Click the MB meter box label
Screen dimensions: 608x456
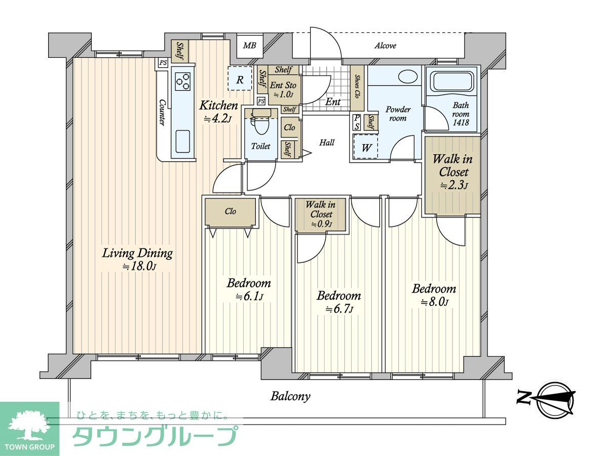(x=249, y=46)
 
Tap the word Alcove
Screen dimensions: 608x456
(x=385, y=46)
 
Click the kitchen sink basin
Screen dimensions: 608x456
(x=183, y=141)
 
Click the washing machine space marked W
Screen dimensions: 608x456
(x=366, y=146)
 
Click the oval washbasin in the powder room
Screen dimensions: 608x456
(x=408, y=77)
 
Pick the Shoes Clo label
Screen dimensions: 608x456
(x=357, y=86)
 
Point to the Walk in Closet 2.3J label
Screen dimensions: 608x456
(x=453, y=172)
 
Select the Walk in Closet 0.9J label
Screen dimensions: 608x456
(x=321, y=214)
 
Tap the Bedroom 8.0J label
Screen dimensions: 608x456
(x=434, y=295)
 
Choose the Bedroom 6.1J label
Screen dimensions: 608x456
(x=249, y=289)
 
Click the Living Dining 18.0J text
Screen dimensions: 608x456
(x=137, y=259)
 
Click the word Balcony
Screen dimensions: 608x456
(x=290, y=397)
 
